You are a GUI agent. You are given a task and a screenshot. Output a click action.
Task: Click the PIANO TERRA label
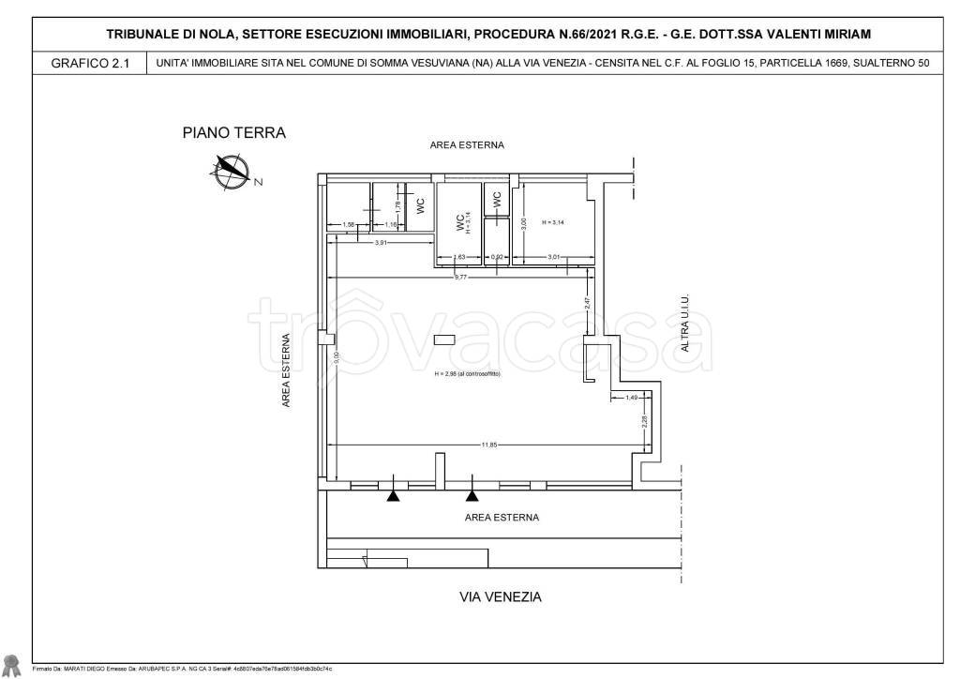[233, 133]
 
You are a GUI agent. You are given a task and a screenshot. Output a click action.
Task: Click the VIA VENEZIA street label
[500, 596]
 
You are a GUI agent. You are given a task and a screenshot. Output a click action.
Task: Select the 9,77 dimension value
[460, 277]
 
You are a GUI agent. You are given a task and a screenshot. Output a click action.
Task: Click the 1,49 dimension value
[631, 398]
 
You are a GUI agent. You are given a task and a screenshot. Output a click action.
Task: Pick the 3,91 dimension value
[382, 243]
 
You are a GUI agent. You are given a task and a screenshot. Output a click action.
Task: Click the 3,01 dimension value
[554, 257]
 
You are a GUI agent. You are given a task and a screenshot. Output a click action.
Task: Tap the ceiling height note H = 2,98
[468, 373]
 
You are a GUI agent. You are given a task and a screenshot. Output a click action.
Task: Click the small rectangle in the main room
[444, 339]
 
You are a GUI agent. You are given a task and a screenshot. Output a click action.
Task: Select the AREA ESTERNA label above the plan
[467, 145]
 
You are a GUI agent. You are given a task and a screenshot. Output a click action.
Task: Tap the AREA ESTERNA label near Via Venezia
[502, 517]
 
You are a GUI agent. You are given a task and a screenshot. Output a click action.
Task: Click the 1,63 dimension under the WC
[459, 257]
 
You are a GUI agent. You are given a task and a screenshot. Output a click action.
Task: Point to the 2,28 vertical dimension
[644, 423]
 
